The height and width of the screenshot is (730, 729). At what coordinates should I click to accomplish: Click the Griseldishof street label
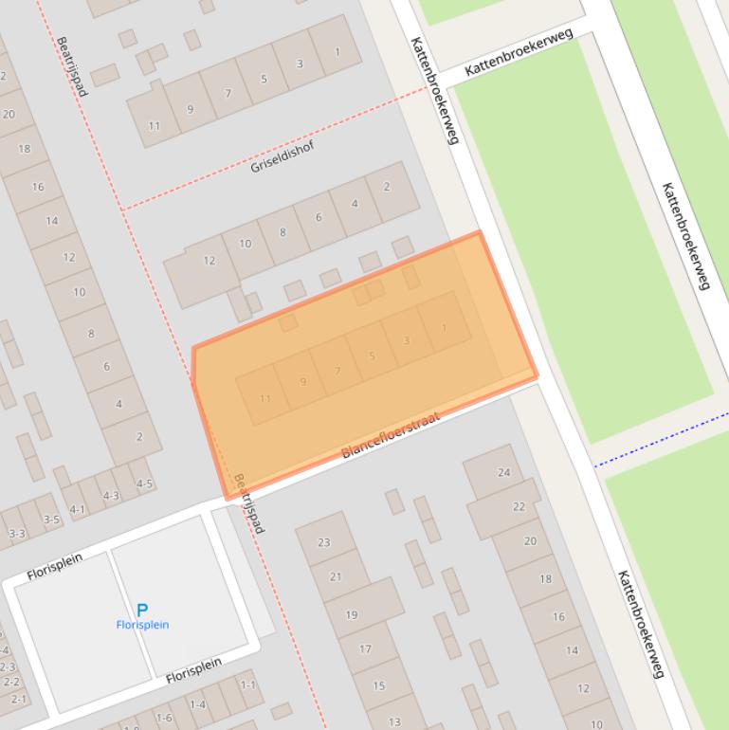coord(282,156)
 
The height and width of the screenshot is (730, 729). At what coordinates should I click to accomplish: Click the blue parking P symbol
coord(142,611)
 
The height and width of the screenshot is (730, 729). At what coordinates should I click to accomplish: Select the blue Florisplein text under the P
coord(142,626)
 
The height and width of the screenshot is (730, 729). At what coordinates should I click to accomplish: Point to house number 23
coord(324,542)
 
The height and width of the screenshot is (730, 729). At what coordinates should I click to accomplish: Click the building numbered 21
coord(336,576)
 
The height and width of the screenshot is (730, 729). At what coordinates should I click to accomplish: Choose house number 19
coord(352,614)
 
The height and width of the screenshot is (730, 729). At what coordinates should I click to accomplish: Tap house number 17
coord(365,649)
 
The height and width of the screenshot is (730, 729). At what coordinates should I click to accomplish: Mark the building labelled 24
coord(503,472)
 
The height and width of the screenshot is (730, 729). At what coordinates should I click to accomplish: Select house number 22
coord(519,506)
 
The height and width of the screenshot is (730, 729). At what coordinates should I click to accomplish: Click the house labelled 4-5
coord(144,484)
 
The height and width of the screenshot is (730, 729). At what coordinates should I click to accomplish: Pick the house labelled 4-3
coord(111,495)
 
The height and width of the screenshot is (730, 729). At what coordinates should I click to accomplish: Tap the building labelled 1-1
coord(248,684)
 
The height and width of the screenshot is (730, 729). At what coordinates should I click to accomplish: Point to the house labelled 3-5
coord(50,520)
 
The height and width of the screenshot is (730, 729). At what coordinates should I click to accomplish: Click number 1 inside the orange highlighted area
coord(444,328)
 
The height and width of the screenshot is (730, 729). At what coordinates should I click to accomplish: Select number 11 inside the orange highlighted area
coord(264,398)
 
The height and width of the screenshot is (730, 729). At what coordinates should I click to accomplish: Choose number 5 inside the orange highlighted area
coord(372,356)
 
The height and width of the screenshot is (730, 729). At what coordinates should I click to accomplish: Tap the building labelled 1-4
coord(198,704)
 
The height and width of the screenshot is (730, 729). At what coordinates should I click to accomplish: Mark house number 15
coord(379,685)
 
